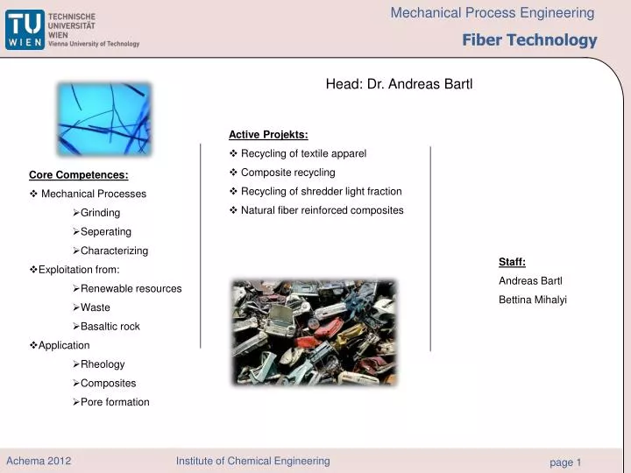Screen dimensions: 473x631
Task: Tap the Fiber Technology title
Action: pos(529,40)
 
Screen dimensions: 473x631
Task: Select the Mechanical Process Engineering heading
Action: pos(492,13)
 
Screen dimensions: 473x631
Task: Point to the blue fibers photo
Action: pos(104,119)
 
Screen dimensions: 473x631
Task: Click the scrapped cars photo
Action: pos(313,321)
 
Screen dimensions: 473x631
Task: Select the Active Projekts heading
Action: pos(268,134)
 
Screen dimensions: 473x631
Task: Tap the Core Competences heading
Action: pos(79,174)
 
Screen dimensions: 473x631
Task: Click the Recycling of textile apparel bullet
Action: pos(303,153)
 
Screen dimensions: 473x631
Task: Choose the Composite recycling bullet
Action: pos(287,173)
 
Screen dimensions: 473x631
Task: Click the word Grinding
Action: pos(100,213)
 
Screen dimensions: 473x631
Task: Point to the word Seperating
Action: pos(105,232)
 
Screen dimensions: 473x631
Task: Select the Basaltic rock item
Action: pos(110,327)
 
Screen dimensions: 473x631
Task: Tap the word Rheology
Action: pos(103,364)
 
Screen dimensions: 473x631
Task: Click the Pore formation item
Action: pos(115,402)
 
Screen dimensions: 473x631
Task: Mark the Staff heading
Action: pos(512,261)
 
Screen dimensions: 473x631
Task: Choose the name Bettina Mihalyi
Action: pos(533,300)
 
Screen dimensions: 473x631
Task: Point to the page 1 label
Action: pos(565,462)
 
